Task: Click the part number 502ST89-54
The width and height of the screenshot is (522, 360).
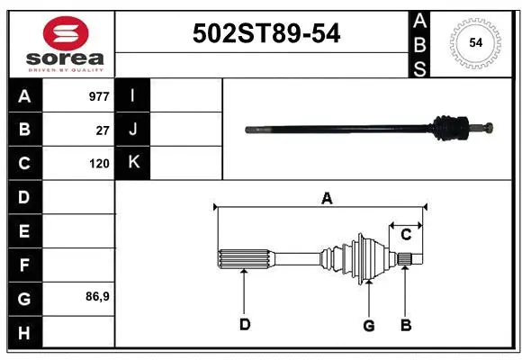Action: pyautogui.click(x=267, y=34)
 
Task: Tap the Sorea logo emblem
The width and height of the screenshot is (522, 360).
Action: pyautogui.click(x=65, y=34)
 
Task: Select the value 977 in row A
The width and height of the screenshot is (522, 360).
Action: pyautogui.click(x=98, y=95)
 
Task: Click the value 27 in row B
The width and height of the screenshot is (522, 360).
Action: pyautogui.click(x=102, y=130)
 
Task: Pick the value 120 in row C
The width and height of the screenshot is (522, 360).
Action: pyautogui.click(x=99, y=164)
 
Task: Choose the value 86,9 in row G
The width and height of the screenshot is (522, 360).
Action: pyautogui.click(x=96, y=296)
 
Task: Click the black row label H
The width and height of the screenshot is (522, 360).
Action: pyautogui.click(x=24, y=333)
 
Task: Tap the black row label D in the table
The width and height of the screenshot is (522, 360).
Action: pyautogui.click(x=24, y=197)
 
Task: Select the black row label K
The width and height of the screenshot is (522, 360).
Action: pyautogui.click(x=133, y=163)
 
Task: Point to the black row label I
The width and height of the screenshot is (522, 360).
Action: pyautogui.click(x=133, y=95)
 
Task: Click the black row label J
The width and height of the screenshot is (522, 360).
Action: pyautogui.click(x=133, y=130)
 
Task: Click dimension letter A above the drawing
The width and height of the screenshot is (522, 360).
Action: pyautogui.click(x=327, y=197)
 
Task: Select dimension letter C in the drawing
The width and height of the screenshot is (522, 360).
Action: pyautogui.click(x=406, y=235)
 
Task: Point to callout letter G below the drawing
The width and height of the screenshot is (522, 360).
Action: pyautogui.click(x=368, y=325)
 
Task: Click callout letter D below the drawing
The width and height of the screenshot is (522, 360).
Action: pyautogui.click(x=244, y=325)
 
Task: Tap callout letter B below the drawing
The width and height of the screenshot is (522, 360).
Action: pyautogui.click(x=406, y=325)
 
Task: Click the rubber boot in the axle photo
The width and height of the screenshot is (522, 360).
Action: pyautogui.click(x=447, y=128)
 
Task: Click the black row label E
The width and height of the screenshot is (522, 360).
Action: pyautogui.click(x=24, y=231)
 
